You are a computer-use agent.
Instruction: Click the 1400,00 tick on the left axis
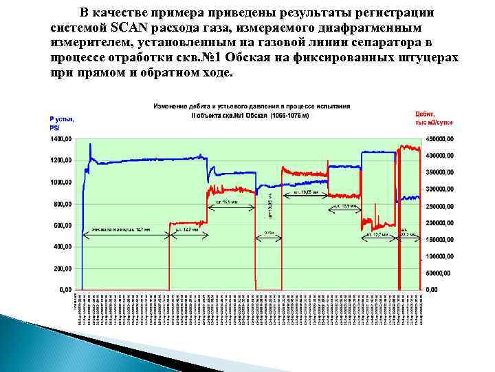pyautogui.click(x=62, y=138)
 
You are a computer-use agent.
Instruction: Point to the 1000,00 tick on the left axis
pyautogui.click(x=62, y=182)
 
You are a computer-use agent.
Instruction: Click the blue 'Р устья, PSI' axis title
pyautogui.click(x=61, y=123)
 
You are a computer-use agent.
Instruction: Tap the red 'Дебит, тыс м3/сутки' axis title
pyautogui.click(x=431, y=118)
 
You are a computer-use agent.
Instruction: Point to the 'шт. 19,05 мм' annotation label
pyautogui.click(x=305, y=193)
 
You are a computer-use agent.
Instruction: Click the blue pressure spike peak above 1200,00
pyautogui.click(x=90, y=145)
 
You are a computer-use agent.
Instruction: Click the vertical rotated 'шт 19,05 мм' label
pyautogui.click(x=269, y=204)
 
